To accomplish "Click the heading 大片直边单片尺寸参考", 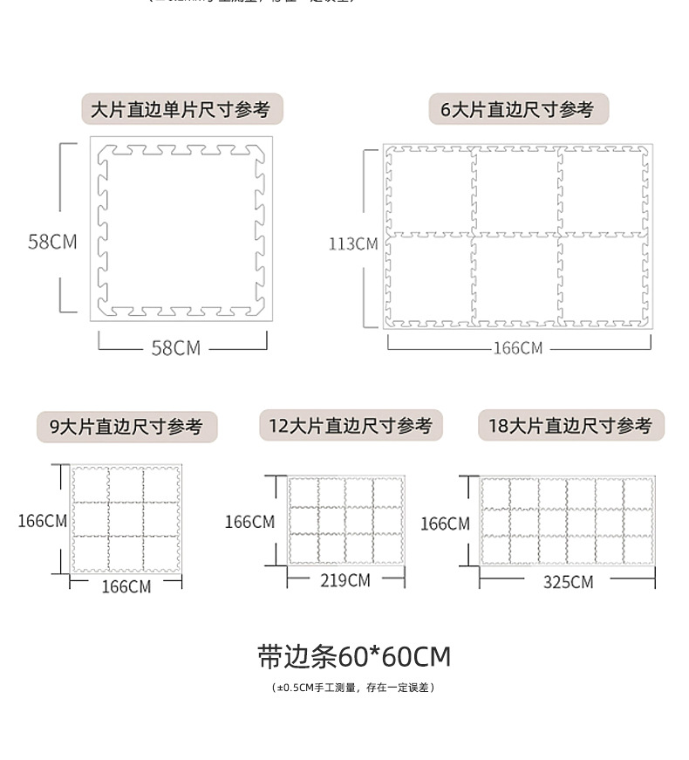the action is (181, 110).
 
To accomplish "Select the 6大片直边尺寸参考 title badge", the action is (517, 110).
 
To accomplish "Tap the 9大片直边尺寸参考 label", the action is (126, 427).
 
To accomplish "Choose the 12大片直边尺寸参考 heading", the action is (350, 426).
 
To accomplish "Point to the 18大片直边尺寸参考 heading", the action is (570, 426).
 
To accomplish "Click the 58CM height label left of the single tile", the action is (52, 242).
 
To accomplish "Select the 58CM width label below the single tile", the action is (176, 348).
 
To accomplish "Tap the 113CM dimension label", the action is (353, 243).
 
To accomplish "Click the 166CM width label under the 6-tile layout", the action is (518, 348).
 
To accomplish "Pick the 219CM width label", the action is (345, 580).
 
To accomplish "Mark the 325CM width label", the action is (568, 582).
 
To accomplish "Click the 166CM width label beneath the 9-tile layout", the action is (126, 587).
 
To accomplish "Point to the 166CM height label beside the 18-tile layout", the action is (445, 524).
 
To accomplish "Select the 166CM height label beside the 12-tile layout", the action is (249, 522).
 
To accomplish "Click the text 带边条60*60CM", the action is (354, 656).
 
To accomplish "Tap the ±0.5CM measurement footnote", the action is (353, 688).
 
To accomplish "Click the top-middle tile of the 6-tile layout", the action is (516, 190).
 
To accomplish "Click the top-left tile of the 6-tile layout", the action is (430, 190).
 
